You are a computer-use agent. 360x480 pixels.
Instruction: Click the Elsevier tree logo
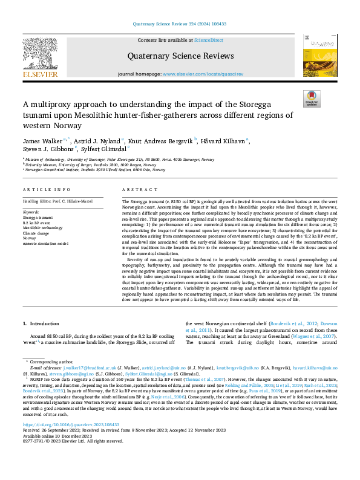41,56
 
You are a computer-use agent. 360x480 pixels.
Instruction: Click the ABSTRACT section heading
136,189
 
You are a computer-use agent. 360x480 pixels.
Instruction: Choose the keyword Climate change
36,233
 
